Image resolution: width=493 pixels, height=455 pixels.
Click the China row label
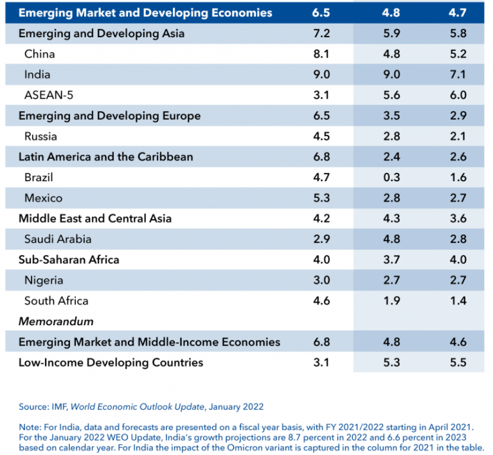pos(39,54)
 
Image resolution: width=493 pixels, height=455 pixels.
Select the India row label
pos(37,75)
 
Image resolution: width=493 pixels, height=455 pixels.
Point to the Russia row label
pos(40,136)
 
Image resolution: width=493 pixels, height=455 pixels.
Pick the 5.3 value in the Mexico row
pos(321,198)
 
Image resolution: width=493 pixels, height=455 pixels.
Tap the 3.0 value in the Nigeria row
pos(321,280)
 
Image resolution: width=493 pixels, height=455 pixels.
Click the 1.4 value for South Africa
pos(458,301)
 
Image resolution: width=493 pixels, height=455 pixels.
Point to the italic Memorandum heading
pos(56,321)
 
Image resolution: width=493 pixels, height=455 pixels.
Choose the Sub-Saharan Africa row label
pos(69,260)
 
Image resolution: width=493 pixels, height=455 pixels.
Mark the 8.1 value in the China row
pos(321,54)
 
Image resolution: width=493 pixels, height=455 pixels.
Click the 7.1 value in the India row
pos(458,75)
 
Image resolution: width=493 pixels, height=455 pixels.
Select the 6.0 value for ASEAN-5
pos(458,95)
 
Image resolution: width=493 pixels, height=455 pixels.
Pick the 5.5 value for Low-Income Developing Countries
pos(458,362)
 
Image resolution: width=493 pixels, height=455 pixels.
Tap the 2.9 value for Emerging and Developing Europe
pos(458,116)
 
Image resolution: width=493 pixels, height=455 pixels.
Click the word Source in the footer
pos(33,407)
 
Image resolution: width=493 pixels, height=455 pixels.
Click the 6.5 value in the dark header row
pos(321,13)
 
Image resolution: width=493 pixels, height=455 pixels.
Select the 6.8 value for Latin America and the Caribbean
pos(321,157)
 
